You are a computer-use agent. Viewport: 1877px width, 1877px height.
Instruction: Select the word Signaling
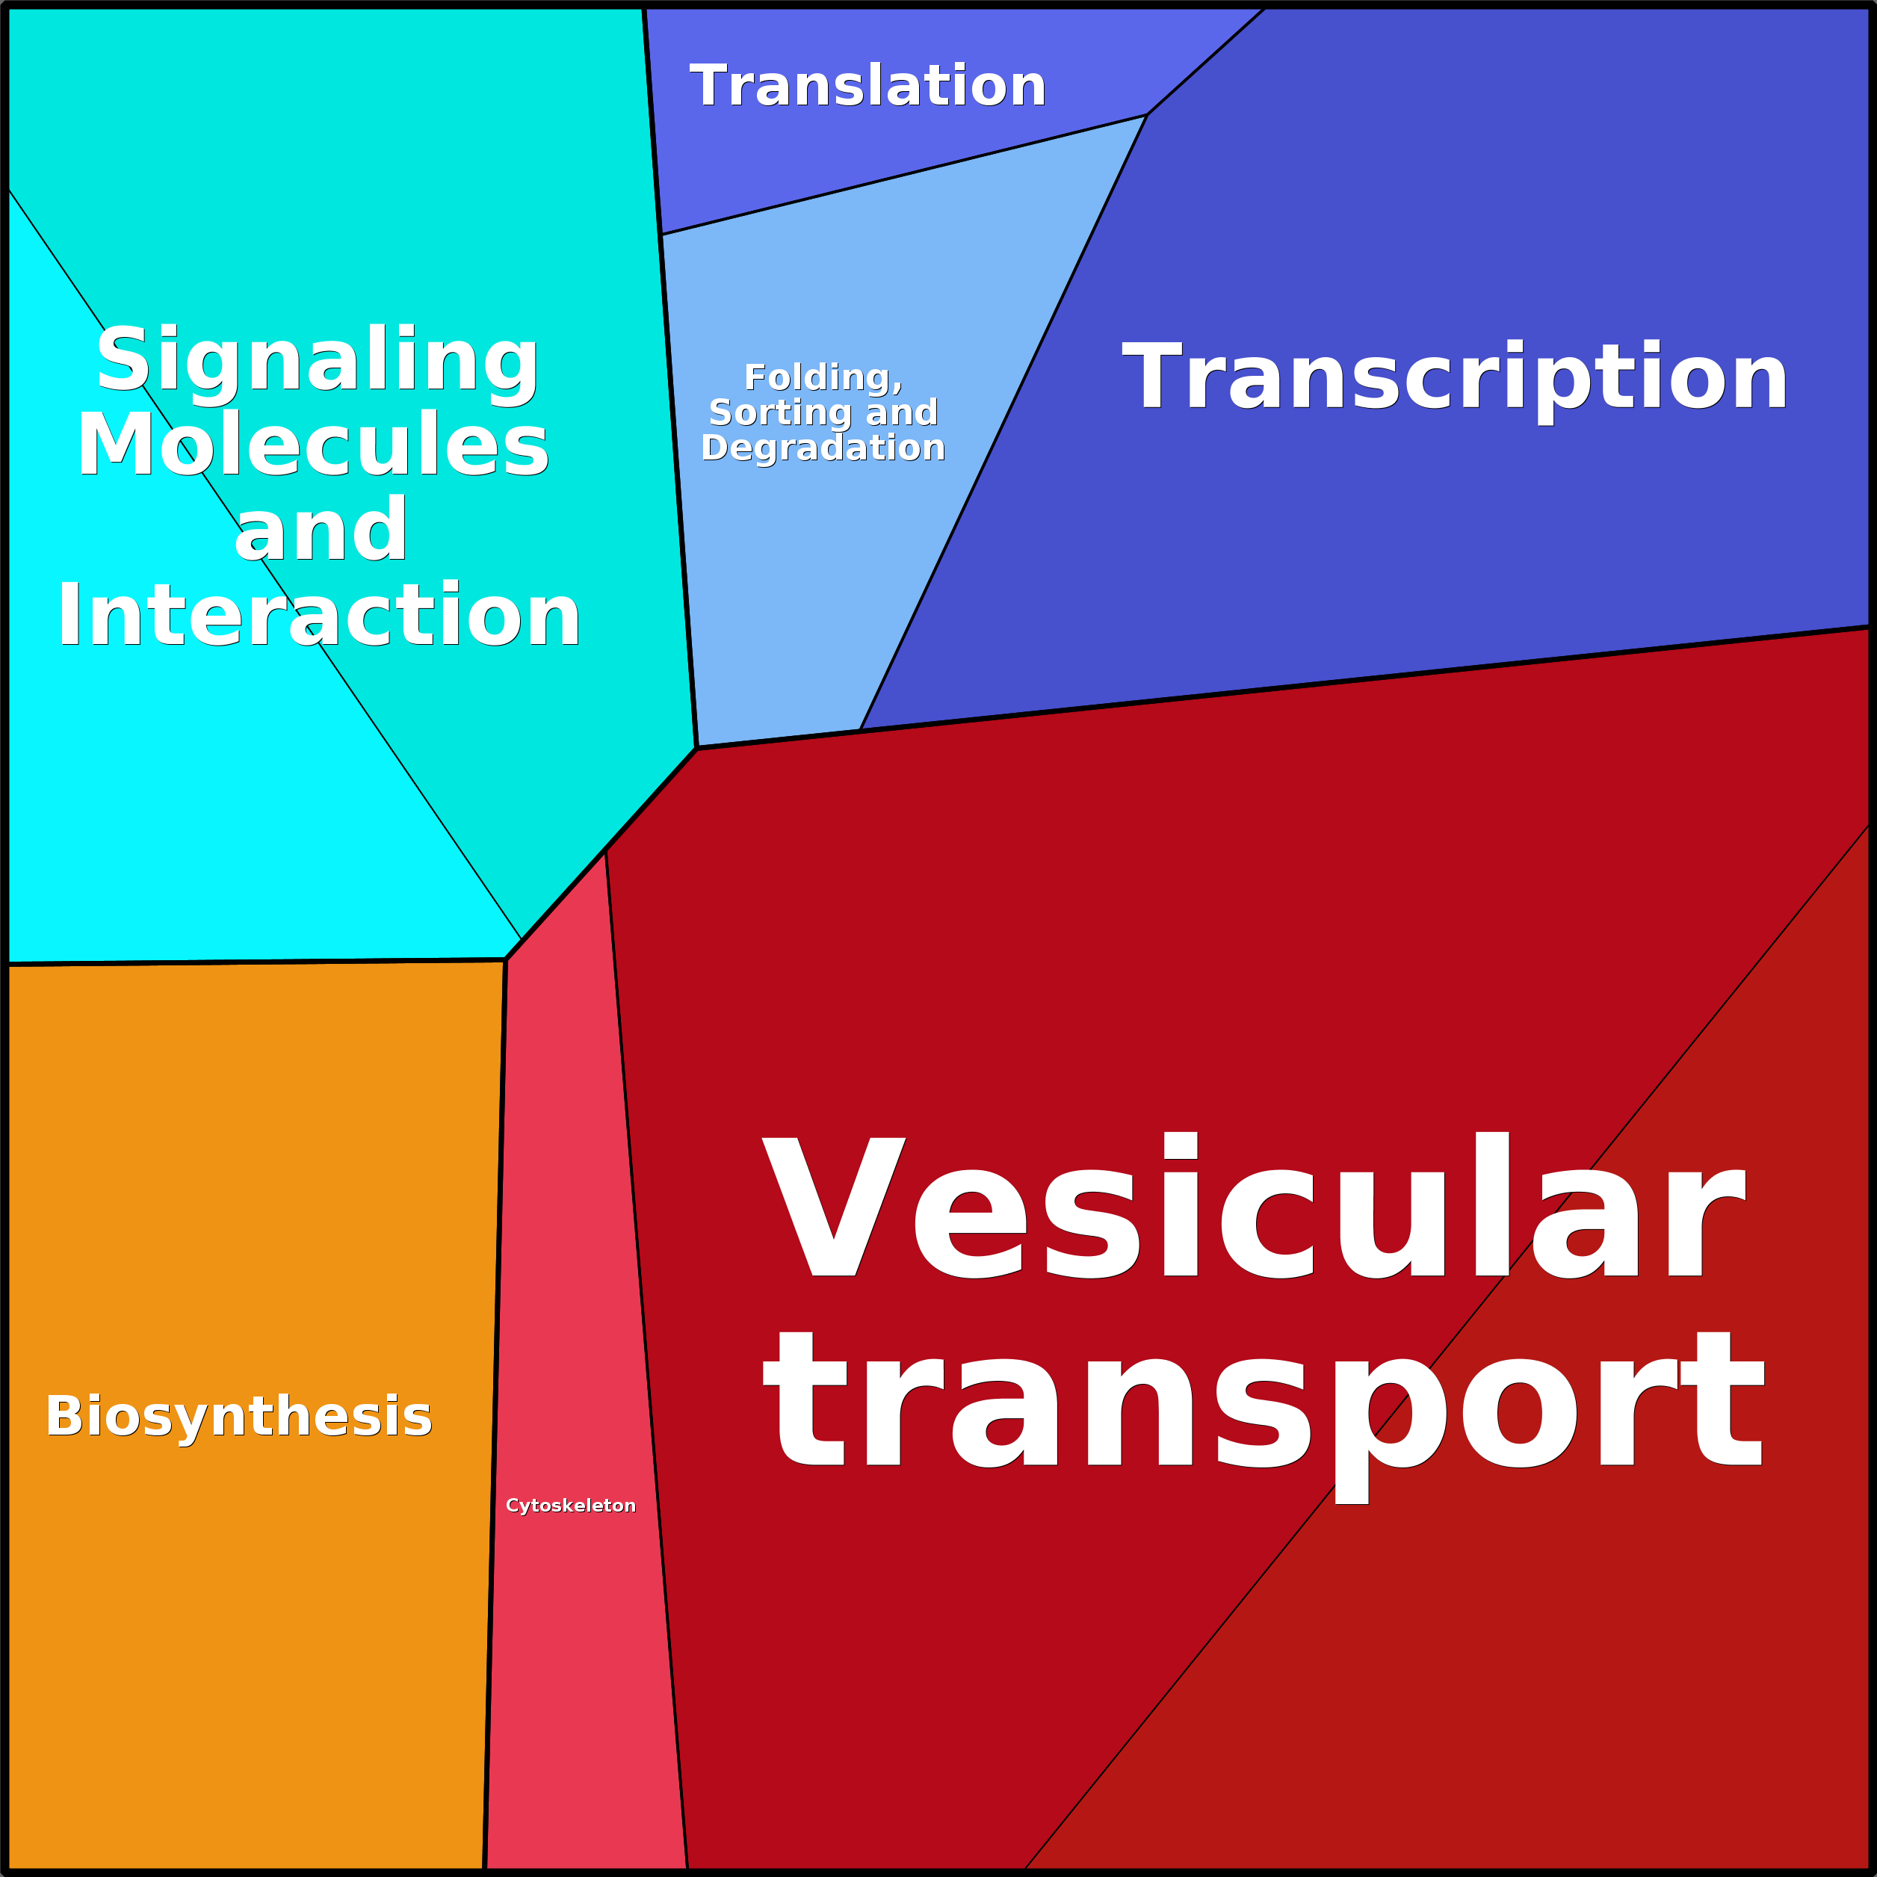(317, 359)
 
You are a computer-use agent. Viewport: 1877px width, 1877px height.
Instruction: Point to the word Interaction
(318, 616)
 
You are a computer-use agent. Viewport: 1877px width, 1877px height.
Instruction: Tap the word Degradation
(822, 448)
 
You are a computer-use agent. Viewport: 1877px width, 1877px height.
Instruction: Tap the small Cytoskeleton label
(570, 1505)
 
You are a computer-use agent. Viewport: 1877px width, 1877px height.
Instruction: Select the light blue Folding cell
(777, 602)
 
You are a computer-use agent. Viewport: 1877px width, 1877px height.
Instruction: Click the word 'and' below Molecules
(321, 531)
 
